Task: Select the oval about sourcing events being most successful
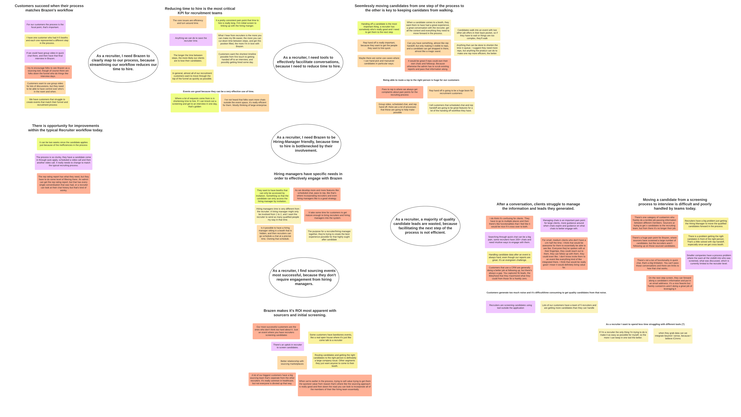[x=304, y=277]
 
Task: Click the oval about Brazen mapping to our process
[x=123, y=62]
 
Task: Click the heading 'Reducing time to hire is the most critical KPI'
[x=200, y=11]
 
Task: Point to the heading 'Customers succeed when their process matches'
[x=49, y=8]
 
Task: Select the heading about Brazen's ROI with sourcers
[x=300, y=313]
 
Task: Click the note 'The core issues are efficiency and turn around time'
[x=188, y=22]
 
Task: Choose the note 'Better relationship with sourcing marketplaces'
[x=292, y=363]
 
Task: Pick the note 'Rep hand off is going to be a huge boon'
[x=451, y=92]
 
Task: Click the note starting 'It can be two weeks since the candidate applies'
[x=64, y=144]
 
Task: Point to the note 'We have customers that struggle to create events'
[x=47, y=102]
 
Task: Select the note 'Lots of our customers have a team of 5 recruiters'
[x=569, y=307]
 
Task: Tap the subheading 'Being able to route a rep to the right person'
[x=421, y=80]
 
